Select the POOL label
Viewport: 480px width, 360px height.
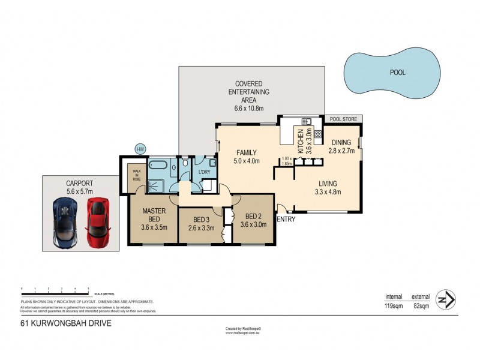397,72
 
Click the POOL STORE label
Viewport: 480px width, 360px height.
343,119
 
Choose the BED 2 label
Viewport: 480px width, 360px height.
252,215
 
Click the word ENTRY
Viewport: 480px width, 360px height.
286,220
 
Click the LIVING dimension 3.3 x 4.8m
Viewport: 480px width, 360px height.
328,193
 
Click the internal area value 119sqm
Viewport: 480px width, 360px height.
394,306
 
